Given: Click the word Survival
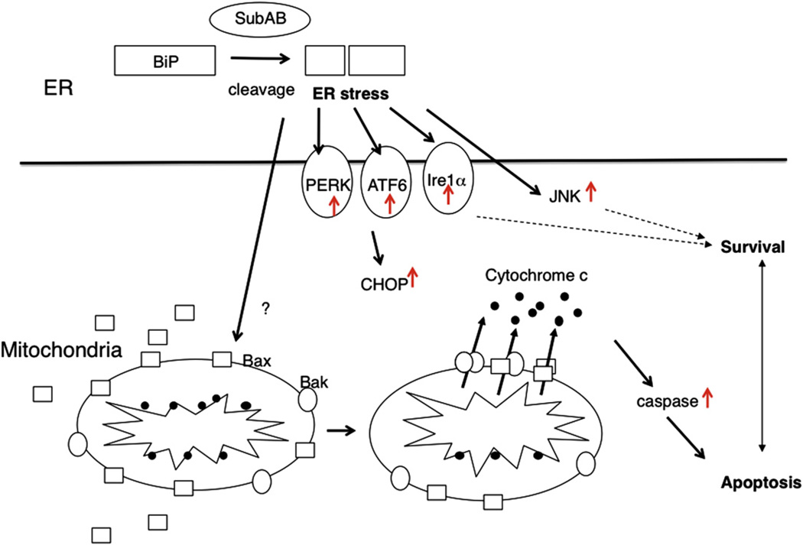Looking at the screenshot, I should [x=752, y=247].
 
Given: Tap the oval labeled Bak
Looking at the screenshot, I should [x=309, y=399].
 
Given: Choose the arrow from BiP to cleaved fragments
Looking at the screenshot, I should [x=259, y=57].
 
